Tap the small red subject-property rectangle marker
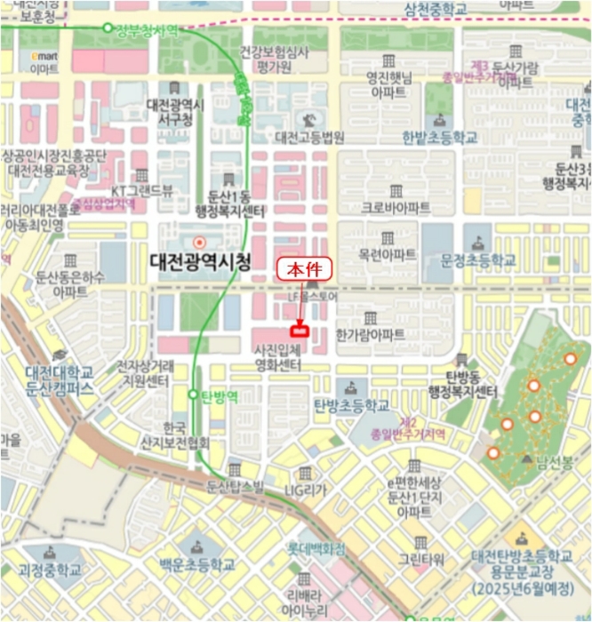pyautogui.click(x=300, y=331)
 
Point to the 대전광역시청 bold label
pyautogui.click(x=200, y=262)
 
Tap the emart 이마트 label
pyautogui.click(x=44, y=62)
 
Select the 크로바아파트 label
pyautogui.click(x=396, y=207)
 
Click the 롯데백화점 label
pyautogui.click(x=316, y=549)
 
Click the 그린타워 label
pyautogui.click(x=420, y=560)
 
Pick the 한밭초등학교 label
pyautogui.click(x=439, y=138)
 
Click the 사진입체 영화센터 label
pyautogui.click(x=277, y=357)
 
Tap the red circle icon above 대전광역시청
pyautogui.click(x=200, y=242)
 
